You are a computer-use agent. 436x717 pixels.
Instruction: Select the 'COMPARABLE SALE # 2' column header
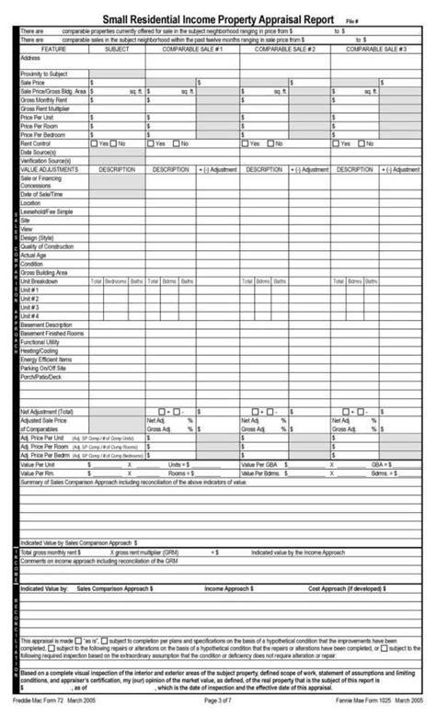pyautogui.click(x=285, y=49)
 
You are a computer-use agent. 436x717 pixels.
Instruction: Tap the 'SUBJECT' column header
pyautogui.click(x=117, y=49)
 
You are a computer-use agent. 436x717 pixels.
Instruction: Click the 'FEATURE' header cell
pyautogui.click(x=53, y=49)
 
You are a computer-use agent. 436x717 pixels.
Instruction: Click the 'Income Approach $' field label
pyautogui.click(x=231, y=586)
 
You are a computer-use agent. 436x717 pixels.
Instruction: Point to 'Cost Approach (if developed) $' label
pyautogui.click(x=345, y=586)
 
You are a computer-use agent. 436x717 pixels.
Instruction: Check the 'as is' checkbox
pyautogui.click(x=79, y=639)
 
